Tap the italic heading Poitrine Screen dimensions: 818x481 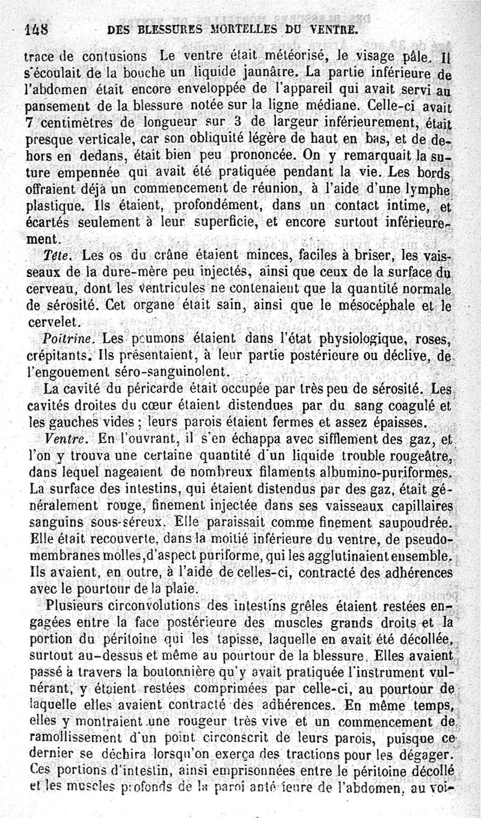click(x=65, y=335)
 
